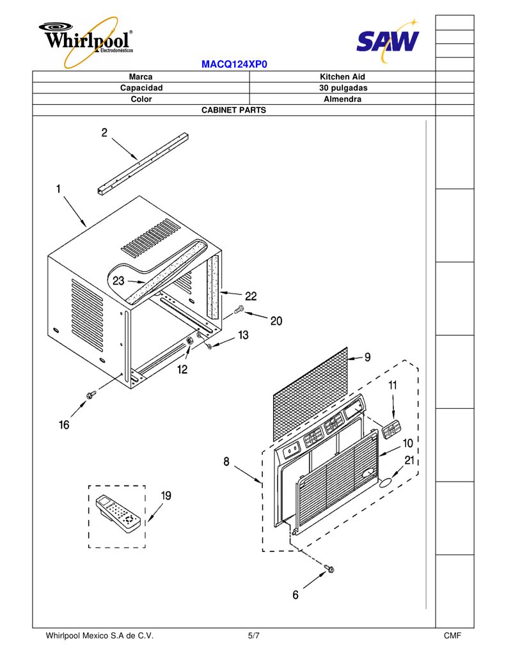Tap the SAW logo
[388, 40]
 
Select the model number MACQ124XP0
[234, 65]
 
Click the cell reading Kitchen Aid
[342, 77]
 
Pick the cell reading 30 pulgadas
[342, 88]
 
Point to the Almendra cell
[342, 99]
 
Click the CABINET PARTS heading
[233, 110]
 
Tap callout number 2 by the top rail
[104, 132]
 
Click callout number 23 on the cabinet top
[118, 280]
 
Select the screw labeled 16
[91, 394]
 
